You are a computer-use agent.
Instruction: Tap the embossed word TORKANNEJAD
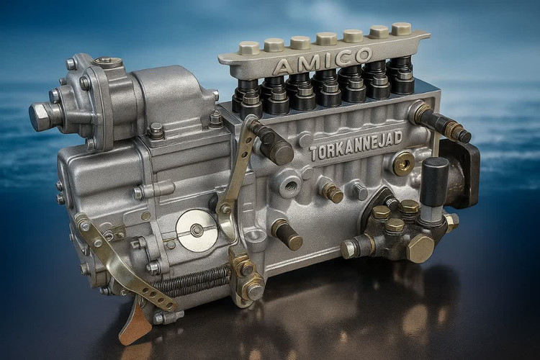click(356, 145)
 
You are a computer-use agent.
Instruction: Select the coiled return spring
click(193, 280)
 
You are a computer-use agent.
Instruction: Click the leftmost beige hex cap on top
click(249, 48)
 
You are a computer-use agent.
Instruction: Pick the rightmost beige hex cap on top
click(401, 29)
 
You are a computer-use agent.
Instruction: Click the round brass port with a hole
click(405, 163)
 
